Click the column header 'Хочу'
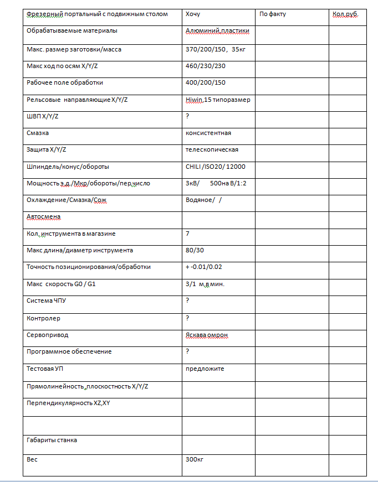pyautogui.click(x=193, y=14)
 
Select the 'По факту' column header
pyautogui.click(x=273, y=14)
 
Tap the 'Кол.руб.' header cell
pyautogui.click(x=345, y=14)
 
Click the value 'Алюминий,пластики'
pyautogui.click(x=218, y=31)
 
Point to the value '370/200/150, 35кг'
pyautogui.click(x=215, y=49)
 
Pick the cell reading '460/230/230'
pyautogui.click(x=206, y=66)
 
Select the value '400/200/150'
pyautogui.click(x=206, y=82)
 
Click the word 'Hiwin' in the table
pyautogui.click(x=193, y=100)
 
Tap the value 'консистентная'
pyautogui.click(x=208, y=133)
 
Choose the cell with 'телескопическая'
pyautogui.click(x=212, y=149)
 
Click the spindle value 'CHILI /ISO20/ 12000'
pyautogui.click(x=216, y=167)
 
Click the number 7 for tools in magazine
pyautogui.click(x=188, y=234)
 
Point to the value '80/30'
pyautogui.click(x=195, y=250)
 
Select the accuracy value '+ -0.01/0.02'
pyautogui.click(x=204, y=267)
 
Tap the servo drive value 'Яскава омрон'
pyautogui.click(x=207, y=335)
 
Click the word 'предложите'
pyautogui.click(x=205, y=369)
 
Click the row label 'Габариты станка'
pyautogui.click(x=52, y=440)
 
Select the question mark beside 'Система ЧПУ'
pyautogui.click(x=188, y=300)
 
